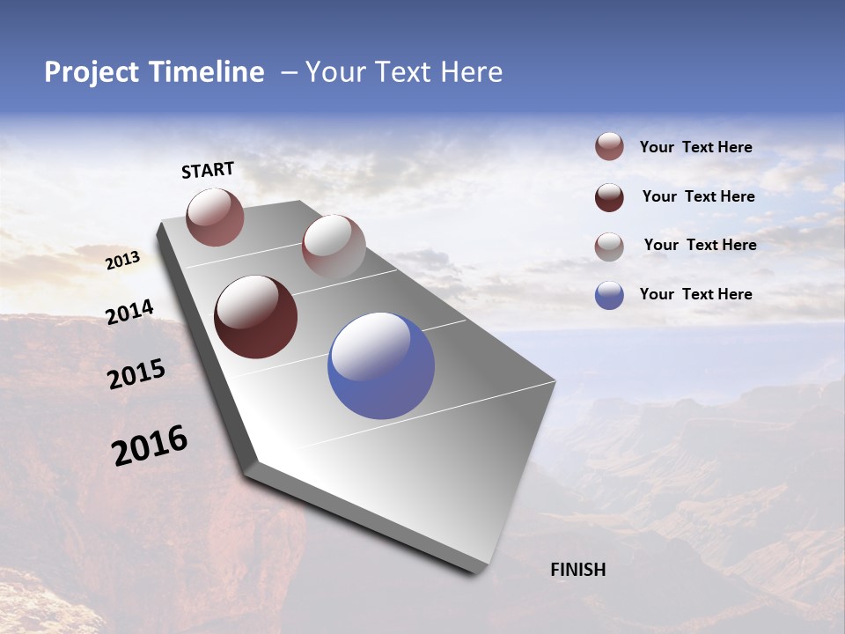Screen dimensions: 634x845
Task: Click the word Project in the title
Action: tap(91, 72)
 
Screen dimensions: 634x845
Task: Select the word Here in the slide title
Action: tap(471, 72)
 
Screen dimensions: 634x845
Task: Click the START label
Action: tap(208, 170)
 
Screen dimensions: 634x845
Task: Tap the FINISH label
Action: tap(577, 570)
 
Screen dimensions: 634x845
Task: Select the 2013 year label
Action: tap(122, 261)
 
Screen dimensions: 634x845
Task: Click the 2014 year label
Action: tap(129, 312)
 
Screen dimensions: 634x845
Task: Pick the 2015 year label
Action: tap(136, 374)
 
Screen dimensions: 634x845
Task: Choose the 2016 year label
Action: tap(150, 445)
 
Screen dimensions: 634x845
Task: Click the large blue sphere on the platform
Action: tap(381, 365)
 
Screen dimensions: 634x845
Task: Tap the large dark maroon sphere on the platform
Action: tap(255, 317)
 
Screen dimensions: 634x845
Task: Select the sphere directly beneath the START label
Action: tap(215, 217)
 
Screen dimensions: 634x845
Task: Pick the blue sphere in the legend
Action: tap(609, 295)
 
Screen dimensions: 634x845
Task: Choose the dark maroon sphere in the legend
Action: tap(609, 197)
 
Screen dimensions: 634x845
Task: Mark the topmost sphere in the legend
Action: tap(609, 147)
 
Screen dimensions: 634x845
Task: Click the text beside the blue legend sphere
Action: tap(695, 294)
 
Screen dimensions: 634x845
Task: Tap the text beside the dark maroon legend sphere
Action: tap(698, 196)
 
